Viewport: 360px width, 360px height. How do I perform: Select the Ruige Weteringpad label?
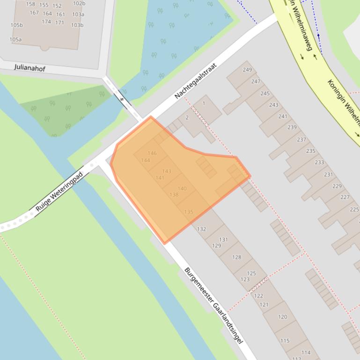click(59, 191)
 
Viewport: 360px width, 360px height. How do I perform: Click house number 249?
click(247, 70)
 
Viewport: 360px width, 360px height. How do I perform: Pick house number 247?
click(256, 81)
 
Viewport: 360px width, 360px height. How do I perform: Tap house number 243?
click(273, 105)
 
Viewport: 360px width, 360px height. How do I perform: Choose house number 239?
click(292, 127)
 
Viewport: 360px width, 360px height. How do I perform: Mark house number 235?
click(311, 151)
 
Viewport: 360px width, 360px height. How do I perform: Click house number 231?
click(329, 174)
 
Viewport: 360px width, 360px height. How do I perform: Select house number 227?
click(345, 197)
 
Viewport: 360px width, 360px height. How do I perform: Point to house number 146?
click(152, 153)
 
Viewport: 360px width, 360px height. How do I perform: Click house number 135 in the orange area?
click(189, 212)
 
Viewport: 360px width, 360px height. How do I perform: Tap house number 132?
click(202, 229)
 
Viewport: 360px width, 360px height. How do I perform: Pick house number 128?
click(237, 257)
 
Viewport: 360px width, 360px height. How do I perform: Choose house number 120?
click(282, 317)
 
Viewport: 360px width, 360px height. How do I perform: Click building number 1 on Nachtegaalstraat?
click(204, 103)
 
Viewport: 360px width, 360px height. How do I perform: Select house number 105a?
click(15, 40)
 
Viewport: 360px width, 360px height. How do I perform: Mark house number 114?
click(306, 353)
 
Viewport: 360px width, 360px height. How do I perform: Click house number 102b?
click(79, 4)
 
